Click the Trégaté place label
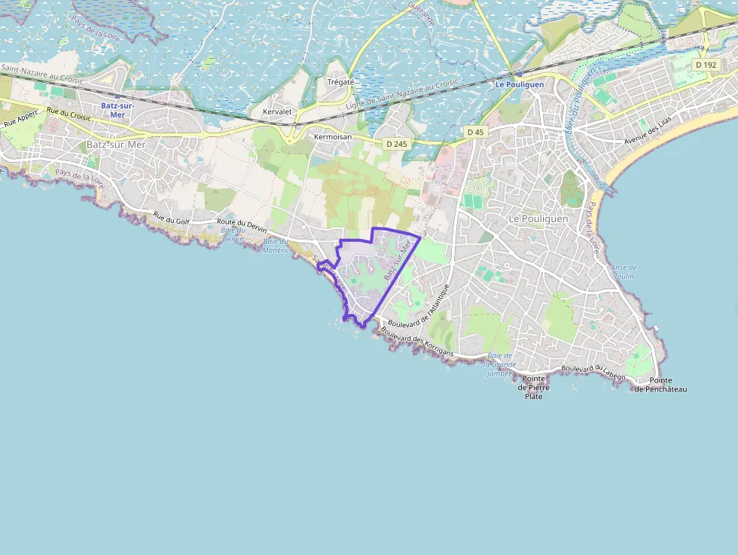tap(340, 82)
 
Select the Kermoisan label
tap(334, 138)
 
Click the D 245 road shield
tap(395, 143)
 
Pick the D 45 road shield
tap(475, 132)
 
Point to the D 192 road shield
tap(706, 65)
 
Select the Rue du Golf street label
tap(171, 219)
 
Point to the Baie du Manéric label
tap(276, 245)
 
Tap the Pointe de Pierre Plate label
tap(534, 387)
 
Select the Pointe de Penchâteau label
tap(660, 385)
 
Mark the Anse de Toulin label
tap(624, 272)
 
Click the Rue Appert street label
tap(20, 117)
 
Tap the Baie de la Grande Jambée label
tap(500, 364)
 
